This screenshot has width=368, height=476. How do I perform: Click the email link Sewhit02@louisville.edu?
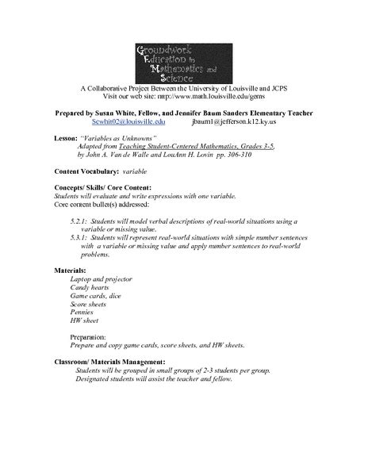click(x=128, y=122)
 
